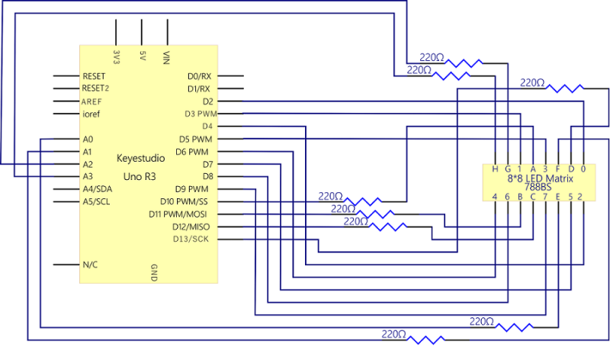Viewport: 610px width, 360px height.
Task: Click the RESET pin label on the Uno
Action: pos(94,76)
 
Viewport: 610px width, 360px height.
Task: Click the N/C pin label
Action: pos(90,265)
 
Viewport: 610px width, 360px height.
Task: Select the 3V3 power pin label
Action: pos(116,57)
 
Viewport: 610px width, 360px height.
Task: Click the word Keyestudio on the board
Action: pos(141,159)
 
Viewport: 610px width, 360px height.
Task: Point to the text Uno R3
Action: pos(141,176)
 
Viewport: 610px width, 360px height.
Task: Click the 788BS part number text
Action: pos(538,187)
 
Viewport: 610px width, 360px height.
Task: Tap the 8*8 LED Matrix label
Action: pos(538,178)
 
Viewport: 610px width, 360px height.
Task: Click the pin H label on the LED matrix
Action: pos(495,169)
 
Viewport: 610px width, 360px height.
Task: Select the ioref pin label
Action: pos(91,114)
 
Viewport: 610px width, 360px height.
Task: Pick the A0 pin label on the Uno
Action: pos(88,140)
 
